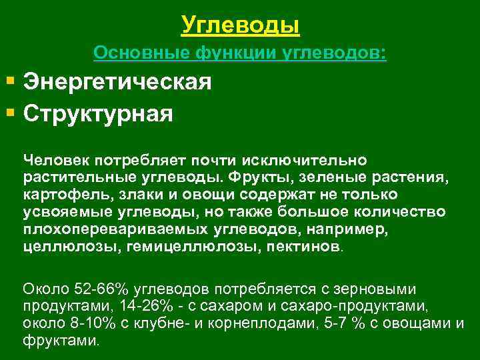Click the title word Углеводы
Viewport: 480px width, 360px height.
pyautogui.click(x=240, y=25)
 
